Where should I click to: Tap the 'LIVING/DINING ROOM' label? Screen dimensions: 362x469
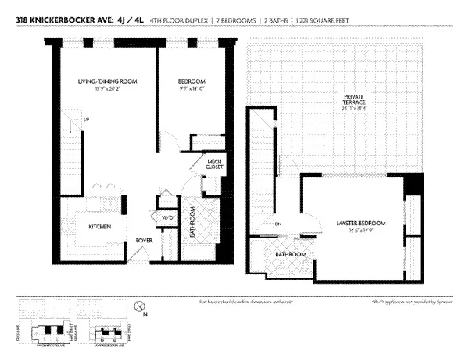pyautogui.click(x=109, y=81)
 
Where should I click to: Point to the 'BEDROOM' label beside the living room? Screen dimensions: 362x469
pyautogui.click(x=191, y=81)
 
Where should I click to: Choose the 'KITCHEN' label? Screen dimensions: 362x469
pyautogui.click(x=99, y=227)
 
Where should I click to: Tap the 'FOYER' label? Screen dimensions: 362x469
pyautogui.click(x=144, y=240)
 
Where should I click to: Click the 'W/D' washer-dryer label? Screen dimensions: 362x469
pyautogui.click(x=167, y=217)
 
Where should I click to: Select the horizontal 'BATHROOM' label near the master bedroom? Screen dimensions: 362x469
pyautogui.click(x=290, y=255)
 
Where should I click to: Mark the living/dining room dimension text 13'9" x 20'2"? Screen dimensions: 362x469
pyautogui.click(x=109, y=89)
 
